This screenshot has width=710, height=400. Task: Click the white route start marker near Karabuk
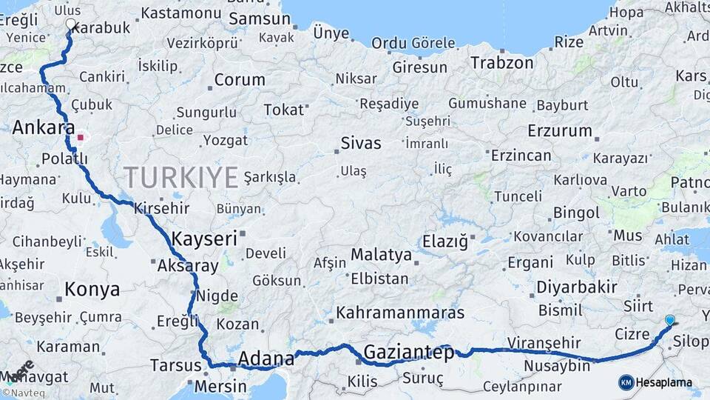point(71,24)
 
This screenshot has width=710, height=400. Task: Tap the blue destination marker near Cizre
point(670,320)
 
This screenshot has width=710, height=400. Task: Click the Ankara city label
point(43,128)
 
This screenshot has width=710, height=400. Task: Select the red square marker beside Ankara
point(80,137)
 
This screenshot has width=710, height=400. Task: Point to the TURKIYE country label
point(180,178)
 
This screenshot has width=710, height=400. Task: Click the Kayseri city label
point(204,239)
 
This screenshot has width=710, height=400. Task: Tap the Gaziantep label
point(409,353)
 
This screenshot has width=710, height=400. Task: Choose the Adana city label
point(266,360)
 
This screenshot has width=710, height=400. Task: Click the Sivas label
point(361,144)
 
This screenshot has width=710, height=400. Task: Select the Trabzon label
point(501,63)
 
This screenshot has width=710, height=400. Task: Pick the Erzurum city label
point(560,132)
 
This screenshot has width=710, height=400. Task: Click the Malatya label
point(381,255)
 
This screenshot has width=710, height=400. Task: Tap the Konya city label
point(92,290)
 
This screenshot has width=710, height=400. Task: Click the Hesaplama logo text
point(666,382)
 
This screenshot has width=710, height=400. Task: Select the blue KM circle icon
point(626,382)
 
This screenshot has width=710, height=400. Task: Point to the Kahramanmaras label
point(400,313)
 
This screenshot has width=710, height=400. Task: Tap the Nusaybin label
point(557,366)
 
